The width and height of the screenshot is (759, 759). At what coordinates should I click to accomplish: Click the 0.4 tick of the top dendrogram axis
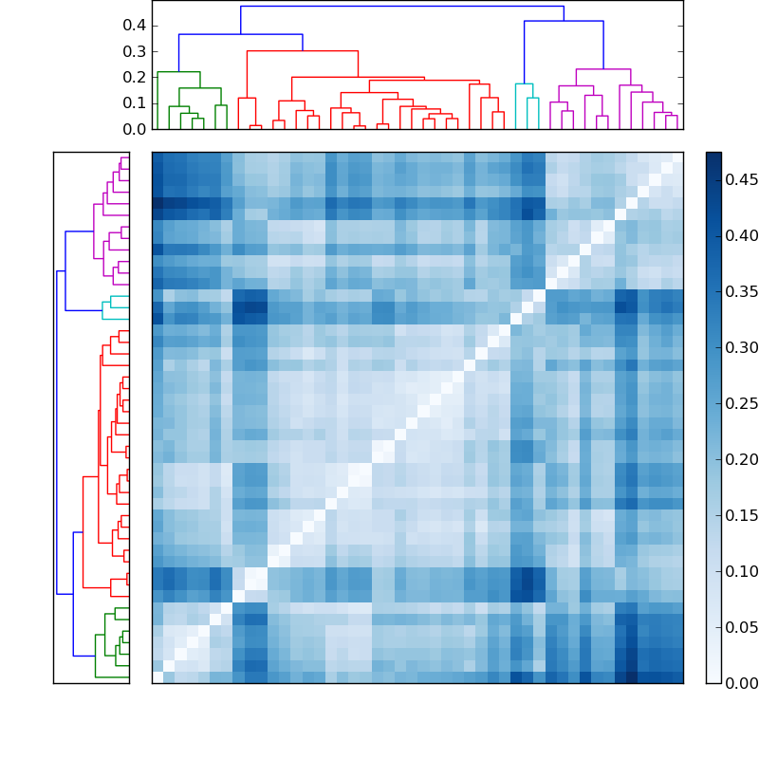point(134,25)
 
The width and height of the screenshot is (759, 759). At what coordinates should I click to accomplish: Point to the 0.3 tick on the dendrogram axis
point(134,51)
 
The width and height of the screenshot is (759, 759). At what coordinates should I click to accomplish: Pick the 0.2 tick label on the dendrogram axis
point(134,77)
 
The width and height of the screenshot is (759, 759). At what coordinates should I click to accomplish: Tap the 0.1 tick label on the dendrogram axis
point(134,102)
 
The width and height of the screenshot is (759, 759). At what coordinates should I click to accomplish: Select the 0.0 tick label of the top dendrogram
point(134,129)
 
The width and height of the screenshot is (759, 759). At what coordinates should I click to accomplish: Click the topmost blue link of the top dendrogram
point(398,7)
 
